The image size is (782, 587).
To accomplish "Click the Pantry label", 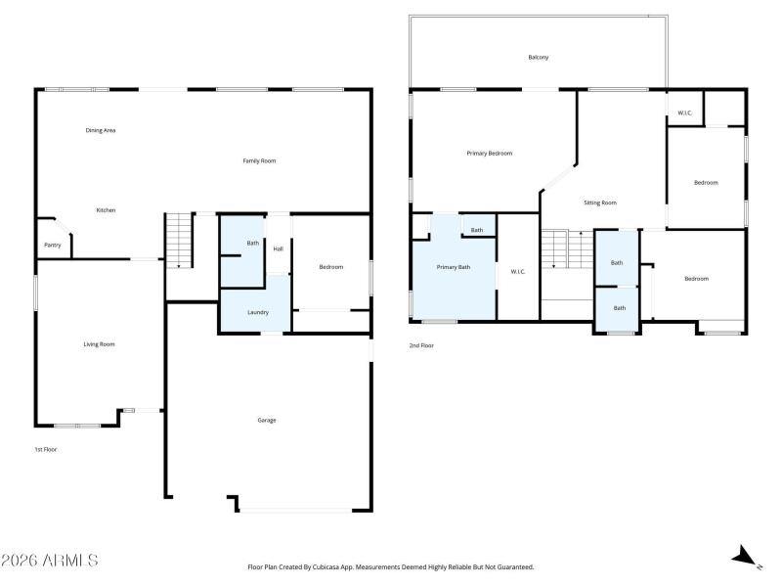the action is pyautogui.click(x=53, y=246).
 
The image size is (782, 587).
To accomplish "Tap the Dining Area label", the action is pyautogui.click(x=101, y=130).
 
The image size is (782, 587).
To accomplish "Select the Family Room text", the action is pyautogui.click(x=259, y=160).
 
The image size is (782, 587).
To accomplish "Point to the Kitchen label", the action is pyautogui.click(x=106, y=210).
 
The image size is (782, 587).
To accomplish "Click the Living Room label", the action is pyautogui.click(x=99, y=344).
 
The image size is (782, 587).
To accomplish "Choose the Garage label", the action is pyautogui.click(x=266, y=421).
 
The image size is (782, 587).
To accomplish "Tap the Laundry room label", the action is pyautogui.click(x=258, y=312).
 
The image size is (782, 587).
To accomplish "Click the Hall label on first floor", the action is pyautogui.click(x=278, y=248).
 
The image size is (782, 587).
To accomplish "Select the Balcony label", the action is pyautogui.click(x=539, y=58).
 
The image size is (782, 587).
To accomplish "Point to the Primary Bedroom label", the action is pyautogui.click(x=490, y=154).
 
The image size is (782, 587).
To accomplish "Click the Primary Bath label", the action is pyautogui.click(x=453, y=267).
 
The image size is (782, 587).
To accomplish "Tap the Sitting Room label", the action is pyautogui.click(x=600, y=203).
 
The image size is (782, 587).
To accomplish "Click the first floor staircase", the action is pyautogui.click(x=179, y=241).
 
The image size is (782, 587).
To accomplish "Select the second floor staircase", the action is pyautogui.click(x=568, y=249).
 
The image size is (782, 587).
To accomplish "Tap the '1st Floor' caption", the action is pyautogui.click(x=45, y=449).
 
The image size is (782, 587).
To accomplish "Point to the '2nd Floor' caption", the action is pyautogui.click(x=421, y=345).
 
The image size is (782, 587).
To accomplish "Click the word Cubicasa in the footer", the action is pyautogui.click(x=326, y=567).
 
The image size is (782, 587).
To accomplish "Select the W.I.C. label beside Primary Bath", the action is pyautogui.click(x=518, y=272).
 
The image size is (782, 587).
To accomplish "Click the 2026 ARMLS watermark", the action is pyautogui.click(x=50, y=560).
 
